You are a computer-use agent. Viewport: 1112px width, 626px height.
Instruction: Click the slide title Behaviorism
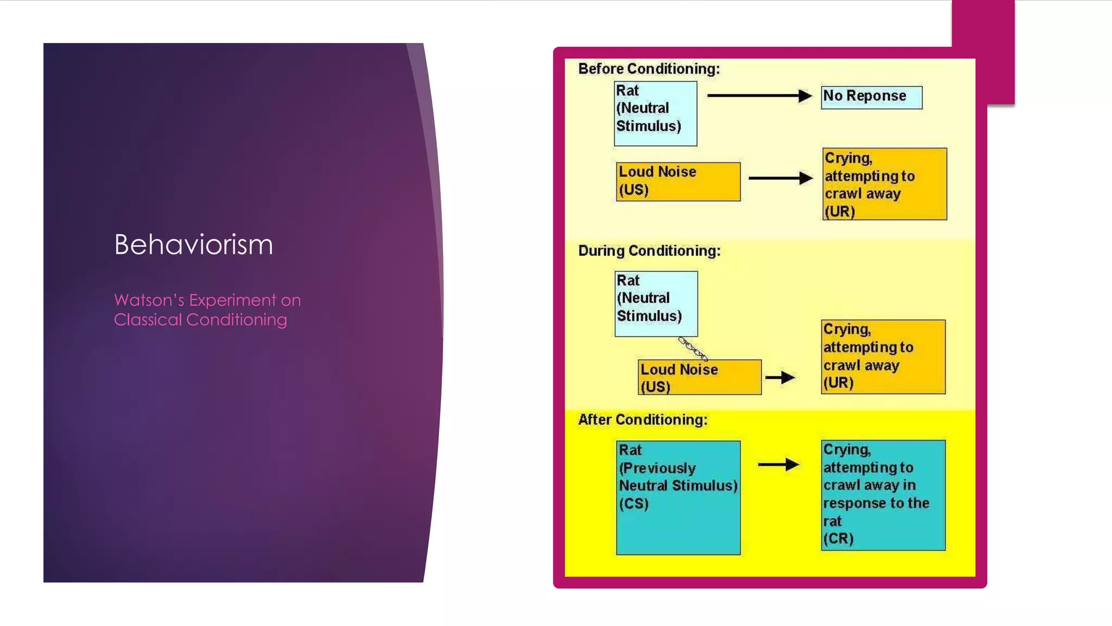click(x=193, y=245)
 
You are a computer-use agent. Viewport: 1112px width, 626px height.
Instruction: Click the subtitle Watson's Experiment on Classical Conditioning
click(x=207, y=310)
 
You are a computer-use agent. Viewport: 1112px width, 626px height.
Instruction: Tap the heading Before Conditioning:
click(x=649, y=69)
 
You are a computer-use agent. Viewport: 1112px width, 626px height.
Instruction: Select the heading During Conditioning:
click(x=649, y=251)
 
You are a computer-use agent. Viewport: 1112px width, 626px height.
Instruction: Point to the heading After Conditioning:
click(x=643, y=420)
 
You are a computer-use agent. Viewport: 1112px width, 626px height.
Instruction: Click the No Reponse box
click(x=871, y=97)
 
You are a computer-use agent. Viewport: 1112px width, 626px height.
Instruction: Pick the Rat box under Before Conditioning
click(x=655, y=114)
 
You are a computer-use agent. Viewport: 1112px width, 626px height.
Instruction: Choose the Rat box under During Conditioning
click(x=656, y=304)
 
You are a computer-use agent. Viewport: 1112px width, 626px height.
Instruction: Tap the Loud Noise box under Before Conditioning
click(x=678, y=181)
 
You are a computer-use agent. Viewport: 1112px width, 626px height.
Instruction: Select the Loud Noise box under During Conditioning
click(x=699, y=377)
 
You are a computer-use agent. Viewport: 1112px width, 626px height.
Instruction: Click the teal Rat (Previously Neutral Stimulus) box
click(x=678, y=497)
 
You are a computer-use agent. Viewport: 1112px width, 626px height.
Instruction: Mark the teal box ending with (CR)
click(x=883, y=495)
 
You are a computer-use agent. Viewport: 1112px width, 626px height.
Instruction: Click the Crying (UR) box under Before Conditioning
click(x=884, y=184)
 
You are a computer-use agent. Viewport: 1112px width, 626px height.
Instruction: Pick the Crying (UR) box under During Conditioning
click(x=883, y=356)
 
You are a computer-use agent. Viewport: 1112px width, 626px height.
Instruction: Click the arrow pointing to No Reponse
click(x=759, y=96)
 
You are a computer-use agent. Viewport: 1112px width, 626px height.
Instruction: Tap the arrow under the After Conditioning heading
click(x=778, y=465)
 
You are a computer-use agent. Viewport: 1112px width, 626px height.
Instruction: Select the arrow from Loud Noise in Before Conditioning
click(x=780, y=178)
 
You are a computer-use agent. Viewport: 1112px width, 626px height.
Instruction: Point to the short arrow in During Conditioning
click(x=780, y=377)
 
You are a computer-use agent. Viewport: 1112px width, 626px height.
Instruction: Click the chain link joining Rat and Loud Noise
click(x=693, y=348)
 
